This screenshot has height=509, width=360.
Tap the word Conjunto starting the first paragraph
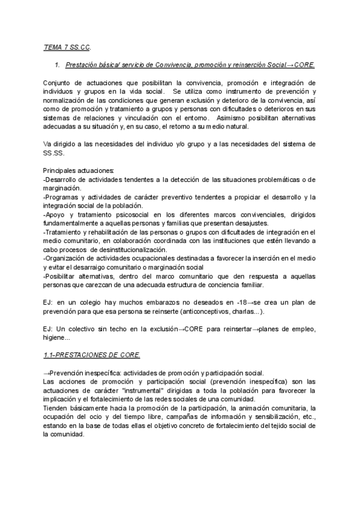(58, 83)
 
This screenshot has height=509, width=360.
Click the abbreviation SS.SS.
(55, 154)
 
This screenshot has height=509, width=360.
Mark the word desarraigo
(92, 266)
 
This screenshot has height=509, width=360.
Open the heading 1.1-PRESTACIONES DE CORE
(92, 356)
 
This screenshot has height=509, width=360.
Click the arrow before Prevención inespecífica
(47, 373)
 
